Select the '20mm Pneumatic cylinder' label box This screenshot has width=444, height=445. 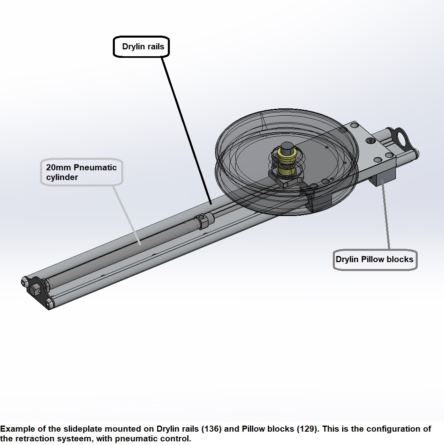[x=81, y=172]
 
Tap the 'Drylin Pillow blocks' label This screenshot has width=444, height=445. [x=374, y=259]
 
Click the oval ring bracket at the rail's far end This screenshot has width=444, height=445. [x=402, y=138]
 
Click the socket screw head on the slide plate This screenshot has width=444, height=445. [x=370, y=141]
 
